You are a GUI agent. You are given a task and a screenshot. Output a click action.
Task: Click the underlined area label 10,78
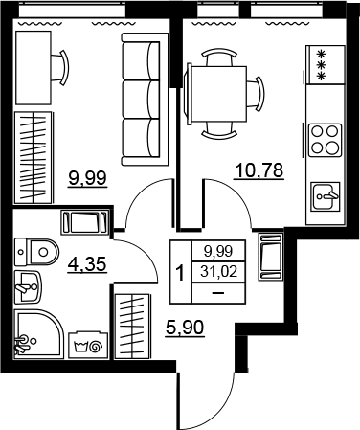[259, 170]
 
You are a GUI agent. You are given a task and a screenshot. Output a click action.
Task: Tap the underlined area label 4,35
[87, 264]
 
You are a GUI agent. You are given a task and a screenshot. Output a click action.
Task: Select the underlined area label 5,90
[185, 328]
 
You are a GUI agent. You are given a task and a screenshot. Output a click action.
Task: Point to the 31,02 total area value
[218, 272]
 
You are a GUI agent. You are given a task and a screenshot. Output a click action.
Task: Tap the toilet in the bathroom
[37, 252]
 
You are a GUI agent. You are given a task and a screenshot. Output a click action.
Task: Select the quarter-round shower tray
[38, 333]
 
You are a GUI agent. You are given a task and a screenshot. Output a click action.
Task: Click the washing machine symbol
[88, 346]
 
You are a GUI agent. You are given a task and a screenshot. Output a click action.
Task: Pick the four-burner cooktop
[325, 140]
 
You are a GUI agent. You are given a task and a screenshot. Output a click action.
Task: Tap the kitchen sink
[326, 196]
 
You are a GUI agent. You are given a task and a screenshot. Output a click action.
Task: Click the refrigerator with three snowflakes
[326, 65]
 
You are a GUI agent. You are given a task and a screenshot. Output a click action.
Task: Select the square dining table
[218, 94]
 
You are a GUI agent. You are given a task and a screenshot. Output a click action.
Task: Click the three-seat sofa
[145, 100]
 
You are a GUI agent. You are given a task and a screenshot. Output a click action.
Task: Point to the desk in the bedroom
[34, 68]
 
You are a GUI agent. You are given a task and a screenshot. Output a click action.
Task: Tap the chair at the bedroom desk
[60, 68]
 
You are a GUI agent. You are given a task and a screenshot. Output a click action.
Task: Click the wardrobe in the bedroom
[34, 157]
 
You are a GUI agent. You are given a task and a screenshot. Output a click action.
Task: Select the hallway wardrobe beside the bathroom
[132, 326]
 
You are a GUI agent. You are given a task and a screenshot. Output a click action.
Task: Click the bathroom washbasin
[28, 287]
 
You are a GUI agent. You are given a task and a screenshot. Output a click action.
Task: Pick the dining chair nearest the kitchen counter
[256, 94]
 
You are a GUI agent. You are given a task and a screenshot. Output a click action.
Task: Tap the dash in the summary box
[218, 293]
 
